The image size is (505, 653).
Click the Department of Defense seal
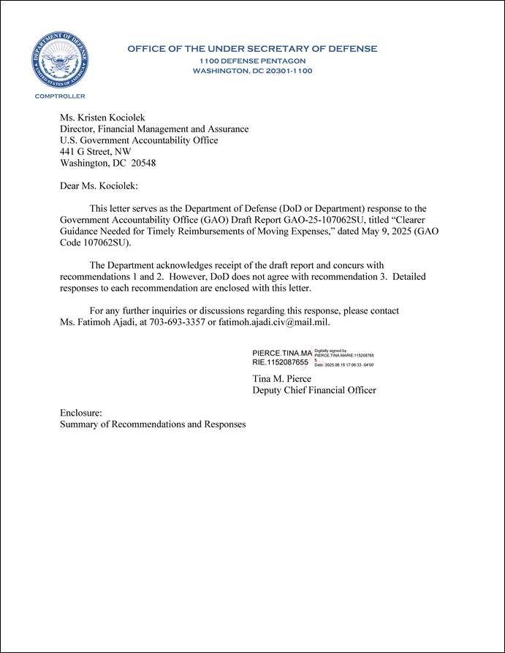[x=60, y=61]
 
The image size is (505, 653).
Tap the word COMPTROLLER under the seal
[x=60, y=96]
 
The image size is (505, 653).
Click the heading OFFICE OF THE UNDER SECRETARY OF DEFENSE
[x=252, y=49]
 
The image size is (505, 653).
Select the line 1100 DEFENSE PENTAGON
[x=252, y=60]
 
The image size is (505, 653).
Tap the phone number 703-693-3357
[x=175, y=322]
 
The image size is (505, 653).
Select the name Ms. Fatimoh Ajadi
[x=97, y=322]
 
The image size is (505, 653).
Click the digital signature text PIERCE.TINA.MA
[x=281, y=354]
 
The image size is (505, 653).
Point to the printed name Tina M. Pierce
[x=281, y=378]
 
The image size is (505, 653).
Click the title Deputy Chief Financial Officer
[x=314, y=390]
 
